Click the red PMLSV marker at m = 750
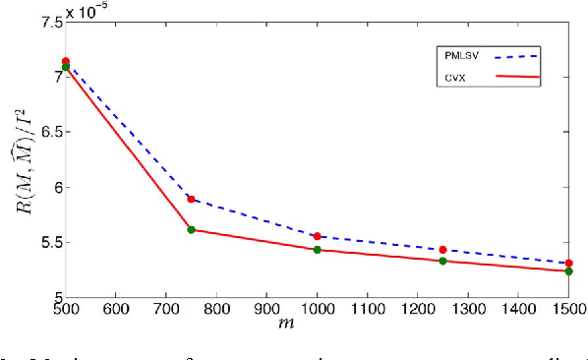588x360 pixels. click(x=192, y=199)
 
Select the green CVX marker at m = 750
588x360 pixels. click(x=191, y=229)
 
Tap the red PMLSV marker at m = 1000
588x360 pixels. click(x=318, y=236)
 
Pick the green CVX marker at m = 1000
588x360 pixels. click(x=318, y=250)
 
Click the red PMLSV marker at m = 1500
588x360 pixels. click(x=569, y=263)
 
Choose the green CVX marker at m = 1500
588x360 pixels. click(x=569, y=270)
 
